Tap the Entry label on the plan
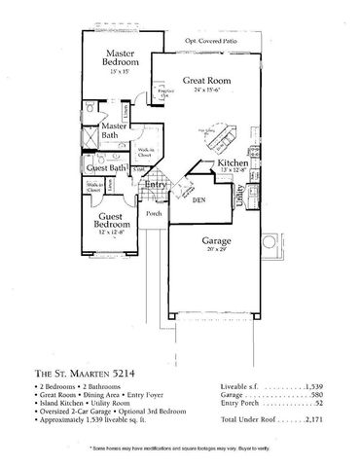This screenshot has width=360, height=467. [x=157, y=184]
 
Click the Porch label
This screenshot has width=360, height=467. [x=154, y=215]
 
